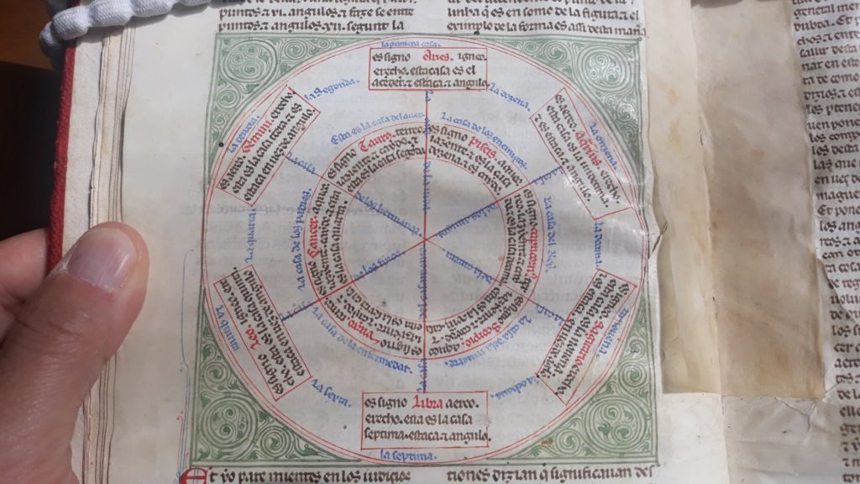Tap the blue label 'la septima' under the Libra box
tap(406, 455)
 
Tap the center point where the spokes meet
tap(425, 239)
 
